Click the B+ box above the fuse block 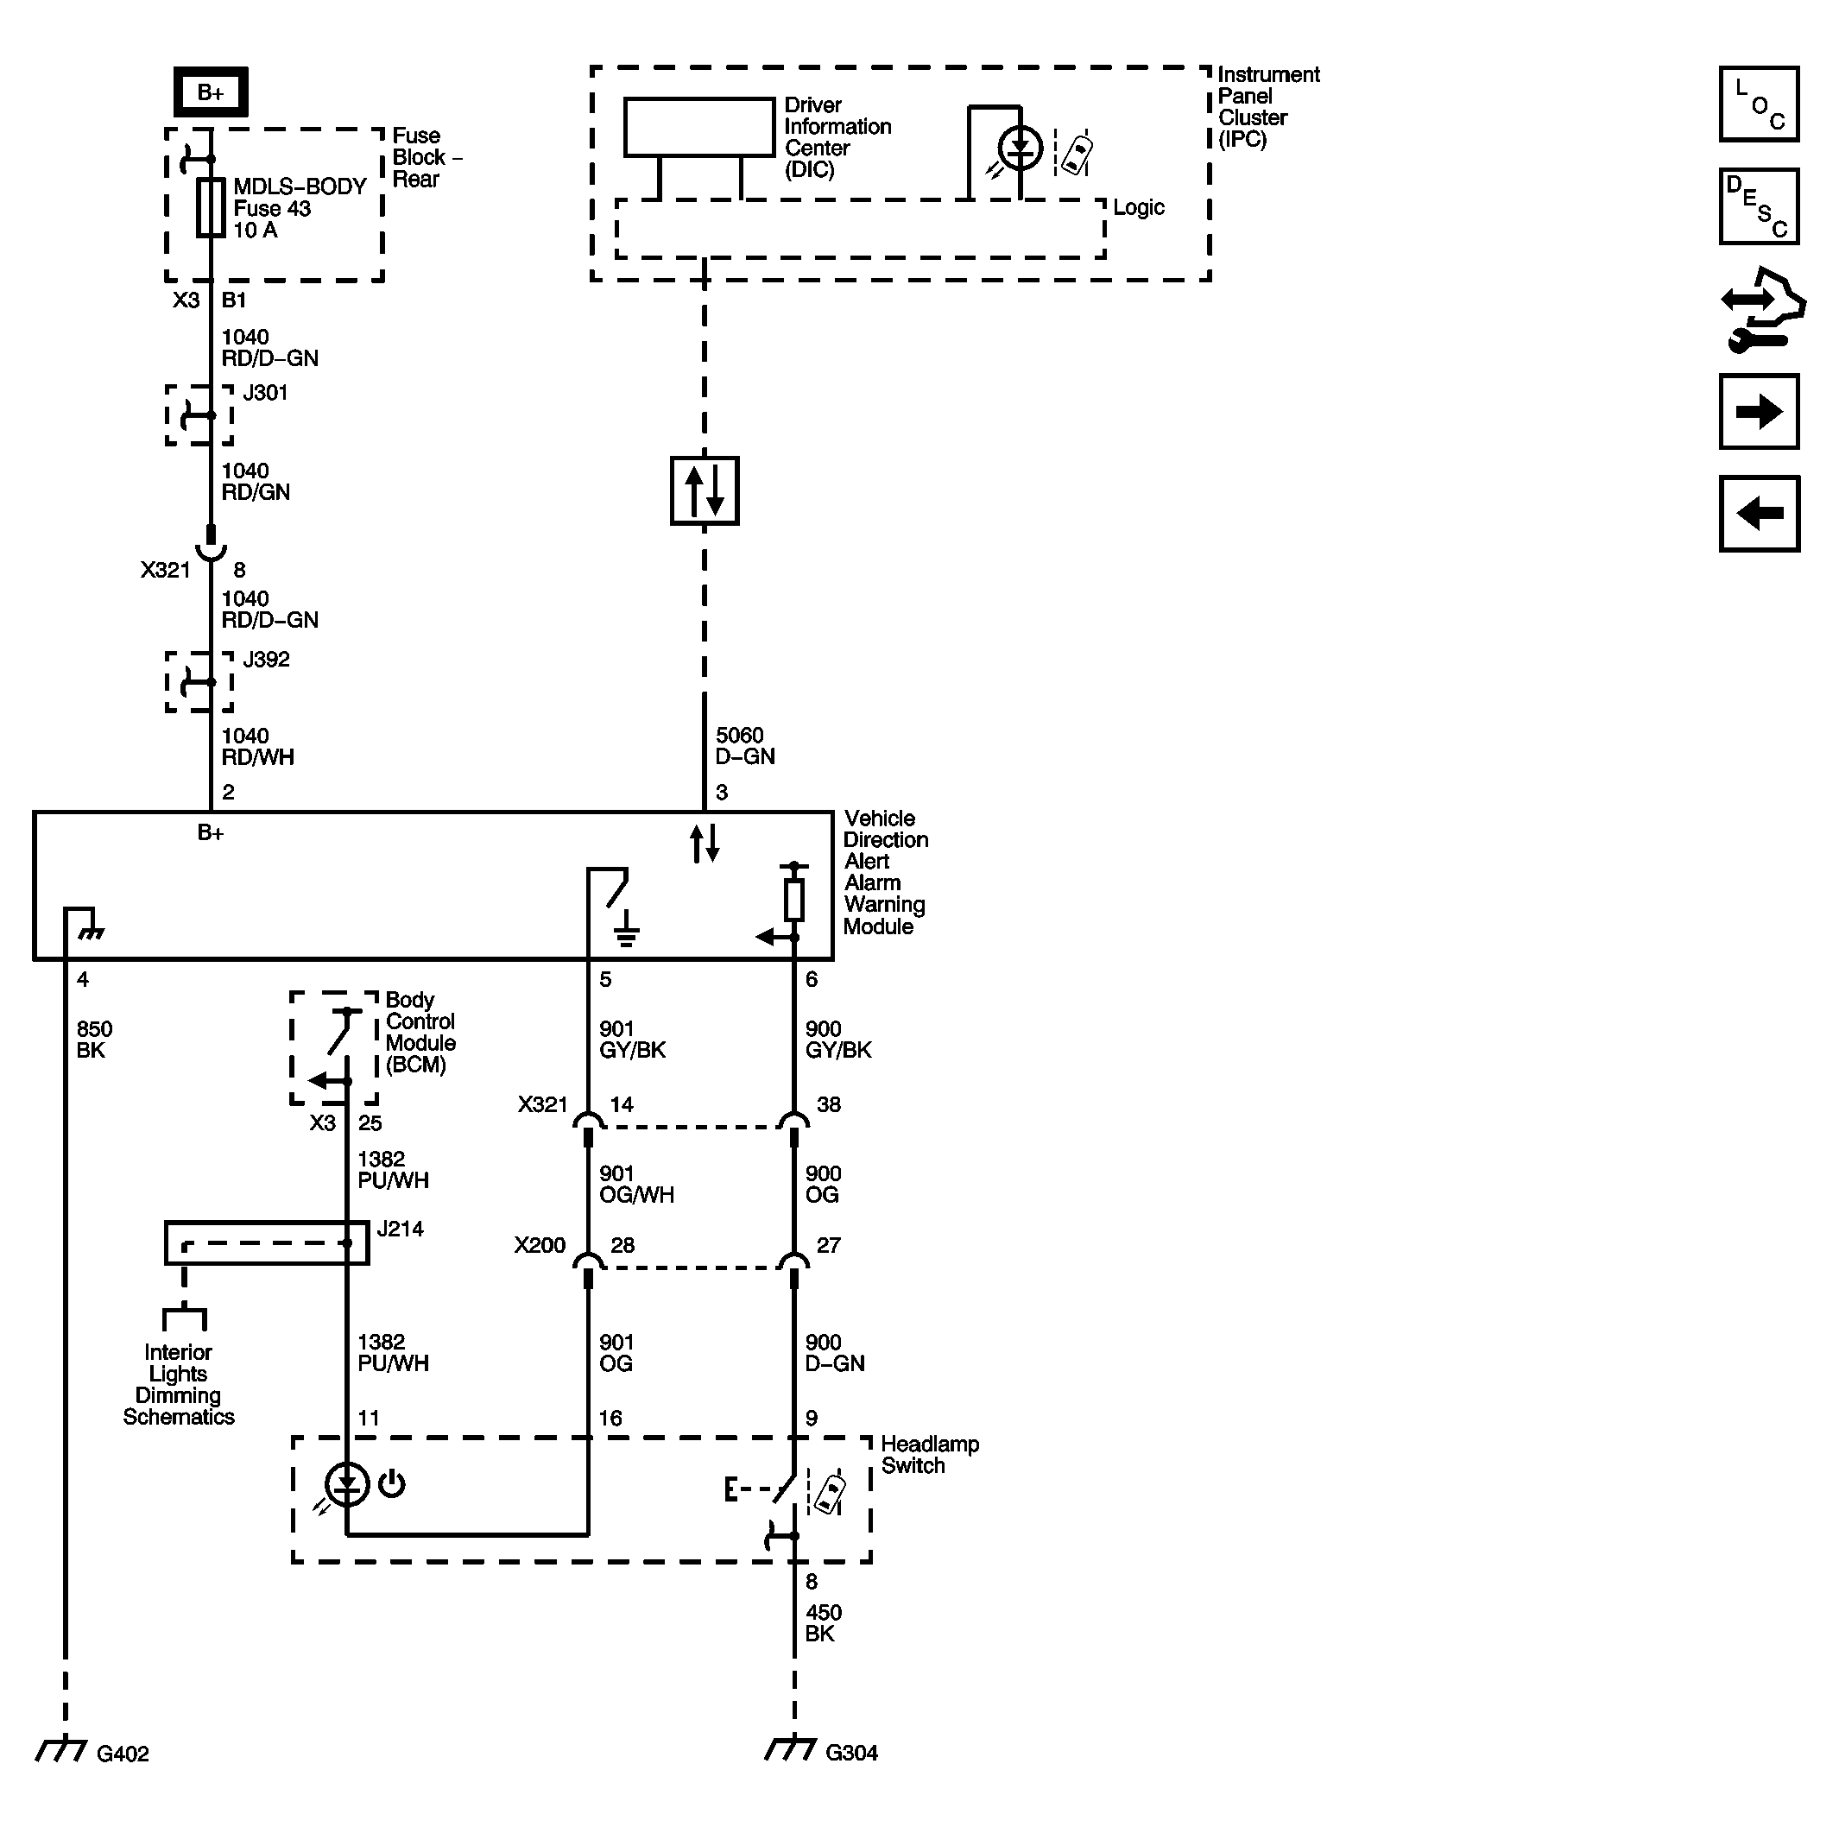point(211,92)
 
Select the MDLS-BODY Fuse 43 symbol point(211,207)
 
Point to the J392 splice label point(266,660)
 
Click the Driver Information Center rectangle point(698,127)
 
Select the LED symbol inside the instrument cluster point(1020,149)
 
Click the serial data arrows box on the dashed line point(705,491)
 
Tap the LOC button point(1758,104)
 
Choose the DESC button point(1758,206)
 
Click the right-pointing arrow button point(1758,411)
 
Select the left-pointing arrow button point(1758,514)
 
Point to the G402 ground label point(123,1754)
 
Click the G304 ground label point(851,1753)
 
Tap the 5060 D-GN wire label point(745,745)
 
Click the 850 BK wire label point(93,1040)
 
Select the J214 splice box point(267,1243)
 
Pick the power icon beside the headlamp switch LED point(391,1484)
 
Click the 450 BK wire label point(823,1623)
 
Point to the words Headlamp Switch point(929,1455)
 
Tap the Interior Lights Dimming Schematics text point(178,1384)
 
